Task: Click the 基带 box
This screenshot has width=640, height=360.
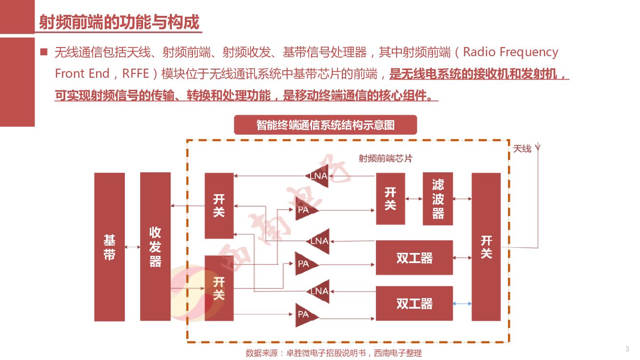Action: (x=109, y=247)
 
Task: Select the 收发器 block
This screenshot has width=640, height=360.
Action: (x=155, y=246)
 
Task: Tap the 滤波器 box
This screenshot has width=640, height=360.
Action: (x=438, y=199)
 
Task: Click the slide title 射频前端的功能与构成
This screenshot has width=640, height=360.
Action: (x=119, y=22)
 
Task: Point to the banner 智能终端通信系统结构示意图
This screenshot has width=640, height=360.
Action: (x=325, y=125)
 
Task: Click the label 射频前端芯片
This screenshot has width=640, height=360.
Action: (x=385, y=158)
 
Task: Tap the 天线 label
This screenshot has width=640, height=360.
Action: (x=522, y=149)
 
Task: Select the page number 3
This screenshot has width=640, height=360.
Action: (x=627, y=348)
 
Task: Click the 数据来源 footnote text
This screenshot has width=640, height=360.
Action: (x=333, y=353)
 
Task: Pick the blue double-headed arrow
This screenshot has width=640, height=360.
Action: (x=462, y=303)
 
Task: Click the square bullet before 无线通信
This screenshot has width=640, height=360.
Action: (x=44, y=51)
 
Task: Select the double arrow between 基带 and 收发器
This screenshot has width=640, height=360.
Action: (x=132, y=247)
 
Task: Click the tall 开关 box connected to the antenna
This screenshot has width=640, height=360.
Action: (x=486, y=247)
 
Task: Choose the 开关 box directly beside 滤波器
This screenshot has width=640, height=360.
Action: (x=390, y=199)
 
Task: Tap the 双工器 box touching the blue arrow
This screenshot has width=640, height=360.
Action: (x=414, y=303)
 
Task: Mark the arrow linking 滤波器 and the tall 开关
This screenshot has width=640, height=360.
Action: (x=462, y=198)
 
